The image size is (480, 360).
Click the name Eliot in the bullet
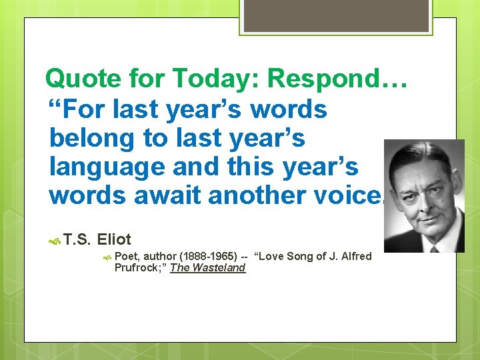(x=114, y=239)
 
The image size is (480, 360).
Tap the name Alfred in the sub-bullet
(x=356, y=256)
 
